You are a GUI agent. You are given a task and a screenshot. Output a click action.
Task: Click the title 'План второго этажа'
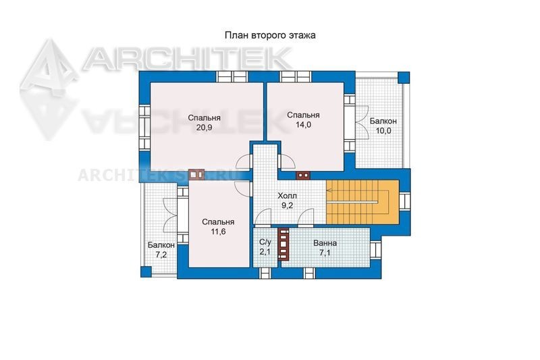point(270,36)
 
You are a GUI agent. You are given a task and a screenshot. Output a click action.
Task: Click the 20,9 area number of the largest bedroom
point(204,128)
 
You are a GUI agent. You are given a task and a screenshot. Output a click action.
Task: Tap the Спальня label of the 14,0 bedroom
point(303,115)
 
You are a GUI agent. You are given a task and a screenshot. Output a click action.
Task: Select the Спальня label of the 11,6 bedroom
point(218,222)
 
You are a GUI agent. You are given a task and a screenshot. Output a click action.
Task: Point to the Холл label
point(288,196)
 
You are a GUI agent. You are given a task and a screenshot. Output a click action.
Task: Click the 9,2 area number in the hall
point(288,205)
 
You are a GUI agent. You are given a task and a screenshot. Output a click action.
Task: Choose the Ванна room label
point(325,243)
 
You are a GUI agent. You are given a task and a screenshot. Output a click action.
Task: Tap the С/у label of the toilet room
point(265,242)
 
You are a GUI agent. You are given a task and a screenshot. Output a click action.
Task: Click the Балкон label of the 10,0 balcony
point(383,122)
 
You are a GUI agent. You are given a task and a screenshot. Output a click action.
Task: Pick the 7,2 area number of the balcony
point(161,255)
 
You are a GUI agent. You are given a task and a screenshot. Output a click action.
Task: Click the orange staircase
point(362,201)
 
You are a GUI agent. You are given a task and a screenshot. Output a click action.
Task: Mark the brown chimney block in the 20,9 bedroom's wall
point(196,174)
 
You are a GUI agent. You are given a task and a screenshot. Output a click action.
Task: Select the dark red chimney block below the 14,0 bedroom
point(303,175)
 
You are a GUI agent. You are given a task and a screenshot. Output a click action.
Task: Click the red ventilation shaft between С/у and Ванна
point(283,244)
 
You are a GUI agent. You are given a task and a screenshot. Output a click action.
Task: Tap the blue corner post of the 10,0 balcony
point(404,78)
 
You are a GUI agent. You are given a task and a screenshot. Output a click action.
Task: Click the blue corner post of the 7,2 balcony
point(146,272)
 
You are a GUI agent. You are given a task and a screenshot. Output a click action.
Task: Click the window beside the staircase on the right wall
point(404,201)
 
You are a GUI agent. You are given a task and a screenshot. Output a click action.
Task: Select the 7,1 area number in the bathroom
point(325,253)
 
